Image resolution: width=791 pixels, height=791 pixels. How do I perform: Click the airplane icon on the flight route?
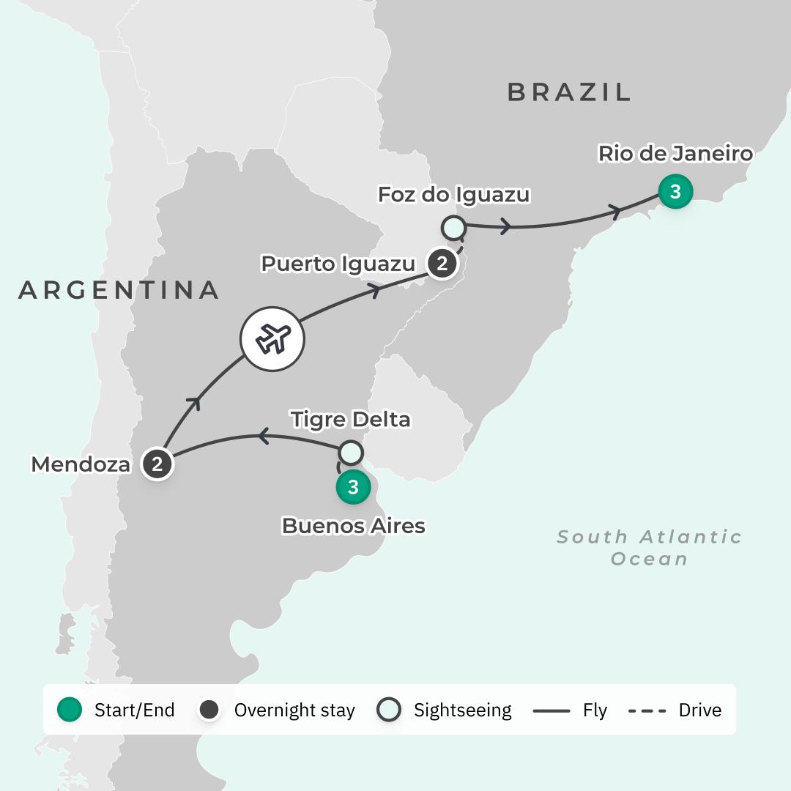point(272,339)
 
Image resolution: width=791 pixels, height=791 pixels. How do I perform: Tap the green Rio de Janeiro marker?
point(675,192)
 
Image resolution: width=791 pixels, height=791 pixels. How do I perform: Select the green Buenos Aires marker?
point(353,487)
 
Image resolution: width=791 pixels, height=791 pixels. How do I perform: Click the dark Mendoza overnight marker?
point(157,464)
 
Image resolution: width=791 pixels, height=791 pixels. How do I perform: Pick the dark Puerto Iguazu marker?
point(441,263)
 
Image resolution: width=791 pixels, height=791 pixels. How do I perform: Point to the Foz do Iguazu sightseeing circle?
point(453,228)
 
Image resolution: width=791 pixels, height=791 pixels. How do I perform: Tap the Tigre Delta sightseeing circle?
point(351,453)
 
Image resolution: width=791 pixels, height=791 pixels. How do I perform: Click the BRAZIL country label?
point(569,92)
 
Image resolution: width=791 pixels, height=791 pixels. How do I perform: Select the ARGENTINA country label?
point(119,290)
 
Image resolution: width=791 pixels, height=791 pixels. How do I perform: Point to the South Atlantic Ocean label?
point(650,547)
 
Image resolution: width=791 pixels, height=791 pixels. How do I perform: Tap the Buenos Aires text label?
point(353,525)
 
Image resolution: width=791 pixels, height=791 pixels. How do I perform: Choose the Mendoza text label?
point(81,464)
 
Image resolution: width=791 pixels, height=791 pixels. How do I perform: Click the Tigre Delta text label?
point(350,420)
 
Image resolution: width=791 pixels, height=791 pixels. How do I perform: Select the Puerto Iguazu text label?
point(338,264)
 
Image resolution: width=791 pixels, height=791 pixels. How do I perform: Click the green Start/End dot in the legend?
point(70,710)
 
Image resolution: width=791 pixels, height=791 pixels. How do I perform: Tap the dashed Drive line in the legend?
point(647,710)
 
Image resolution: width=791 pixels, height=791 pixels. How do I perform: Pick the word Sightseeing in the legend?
point(462,710)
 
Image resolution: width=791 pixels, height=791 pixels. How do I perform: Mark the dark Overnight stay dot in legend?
point(210,710)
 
